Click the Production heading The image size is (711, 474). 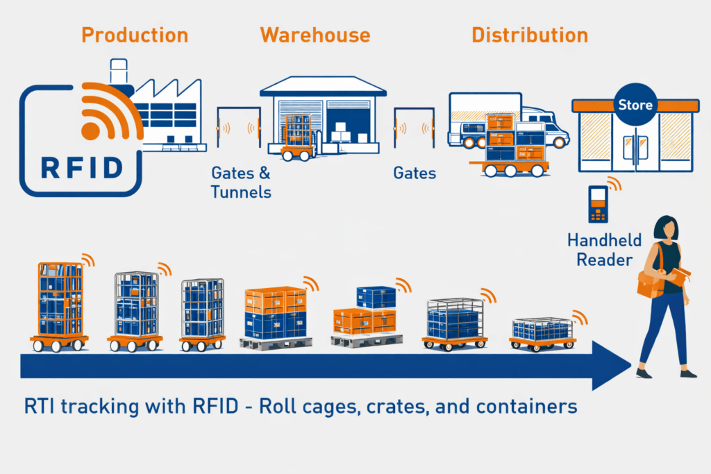pyautogui.click(x=134, y=35)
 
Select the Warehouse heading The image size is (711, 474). pyautogui.click(x=315, y=35)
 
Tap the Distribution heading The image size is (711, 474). pyautogui.click(x=530, y=35)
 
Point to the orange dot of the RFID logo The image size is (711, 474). pyautogui.click(x=90, y=131)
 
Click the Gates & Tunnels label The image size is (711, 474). pyautogui.click(x=240, y=182)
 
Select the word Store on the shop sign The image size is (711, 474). pyautogui.click(x=635, y=105)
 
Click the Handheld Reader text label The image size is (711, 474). pyautogui.click(x=601, y=250)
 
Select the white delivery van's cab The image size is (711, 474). pyautogui.click(x=548, y=128)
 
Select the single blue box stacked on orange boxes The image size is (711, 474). pyautogui.click(x=376, y=298)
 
